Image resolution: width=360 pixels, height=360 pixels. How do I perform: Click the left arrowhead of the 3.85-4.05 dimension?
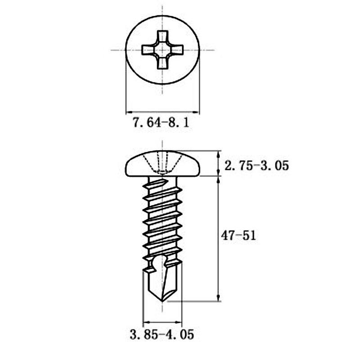click(146, 323)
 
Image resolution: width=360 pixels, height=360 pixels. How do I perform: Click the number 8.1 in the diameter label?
click(180, 123)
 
